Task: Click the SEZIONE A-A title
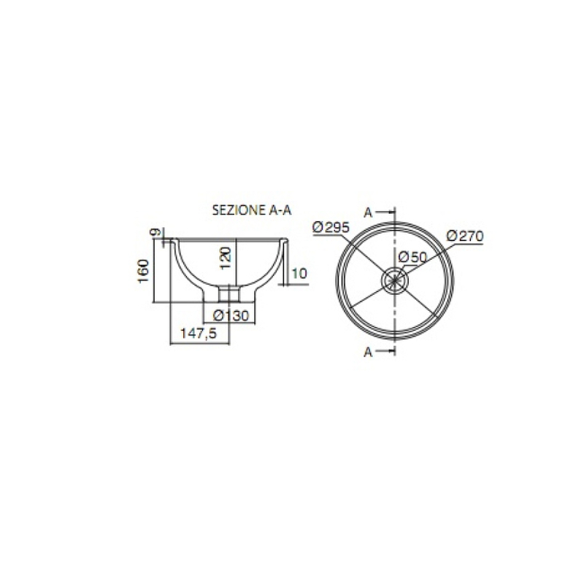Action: tap(252, 210)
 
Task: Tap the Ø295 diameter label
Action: tap(331, 227)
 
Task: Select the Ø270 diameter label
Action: tap(465, 236)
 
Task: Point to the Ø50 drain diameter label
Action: tap(412, 257)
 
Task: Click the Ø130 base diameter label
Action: tap(231, 316)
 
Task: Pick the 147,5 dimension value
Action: tap(199, 334)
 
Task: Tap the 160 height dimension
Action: tap(143, 271)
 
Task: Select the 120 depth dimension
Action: tap(226, 258)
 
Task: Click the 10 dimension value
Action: tap(299, 273)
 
